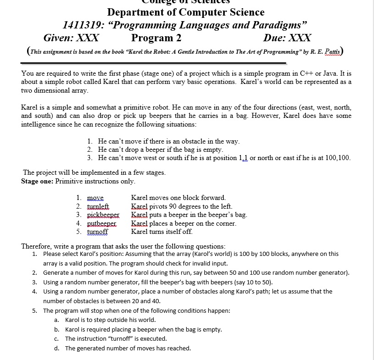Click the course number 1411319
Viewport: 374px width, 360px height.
point(81,25)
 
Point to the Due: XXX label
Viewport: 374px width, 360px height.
point(287,38)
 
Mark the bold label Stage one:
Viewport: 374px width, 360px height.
point(37,181)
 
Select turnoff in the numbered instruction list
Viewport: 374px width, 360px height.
point(97,232)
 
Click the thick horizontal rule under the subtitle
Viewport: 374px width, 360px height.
point(154,63)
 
